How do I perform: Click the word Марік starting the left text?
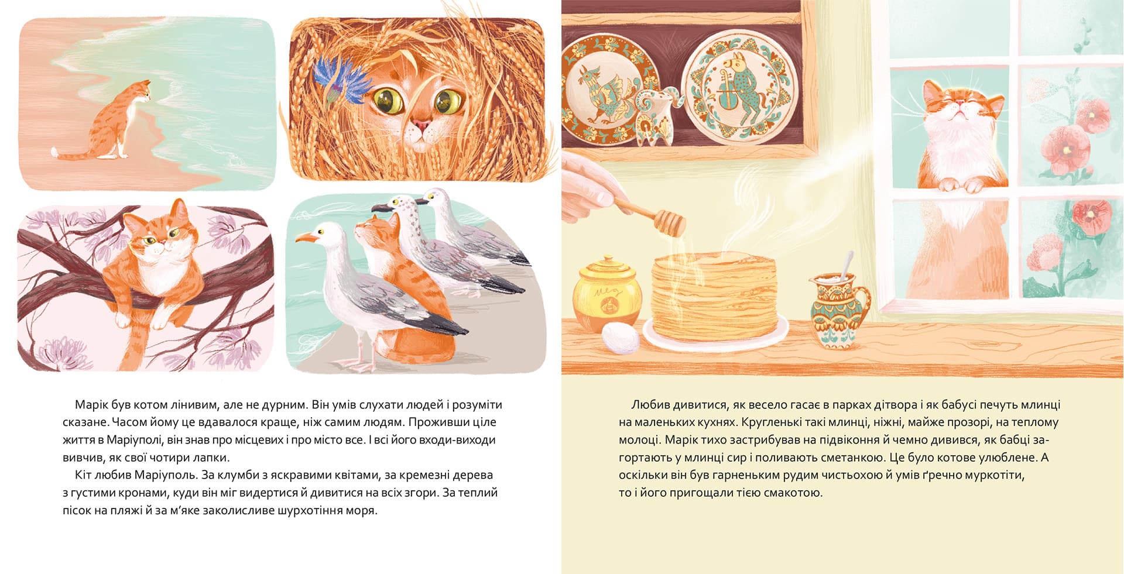pyautogui.click(x=90, y=405)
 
